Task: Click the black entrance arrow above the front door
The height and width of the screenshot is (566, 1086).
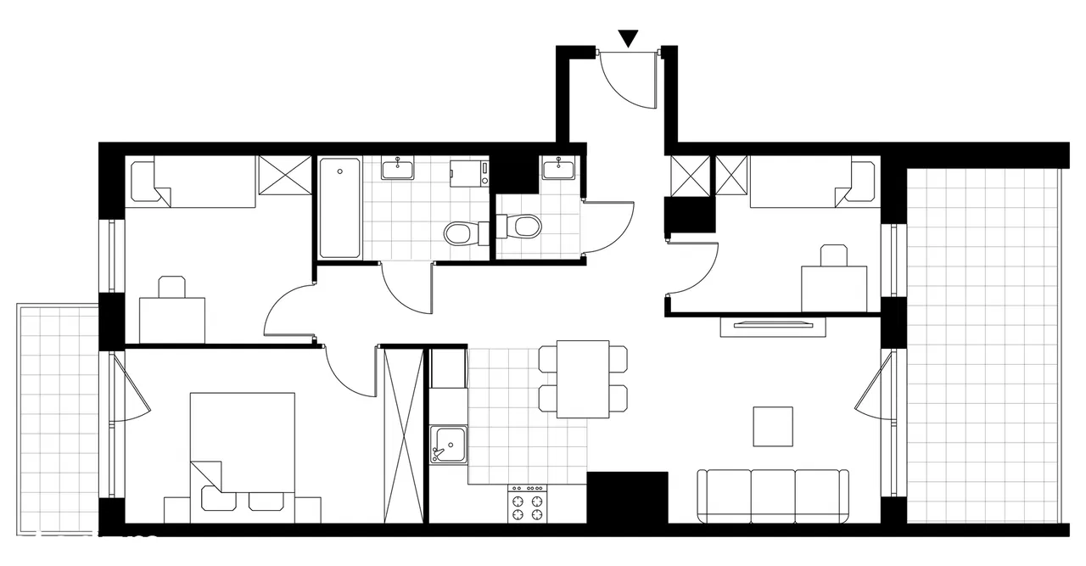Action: [x=628, y=37]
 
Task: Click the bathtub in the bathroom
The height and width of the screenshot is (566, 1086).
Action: [x=339, y=208]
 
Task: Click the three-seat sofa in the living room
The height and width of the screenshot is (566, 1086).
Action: [x=772, y=496]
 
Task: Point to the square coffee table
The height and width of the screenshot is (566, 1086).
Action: [x=773, y=427]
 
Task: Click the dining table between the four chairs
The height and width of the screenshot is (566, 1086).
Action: [x=583, y=378]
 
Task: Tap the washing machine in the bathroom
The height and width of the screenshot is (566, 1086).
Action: [x=469, y=173]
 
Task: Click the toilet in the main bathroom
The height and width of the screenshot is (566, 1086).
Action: [x=462, y=232]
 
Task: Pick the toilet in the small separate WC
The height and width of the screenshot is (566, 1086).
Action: [x=523, y=226]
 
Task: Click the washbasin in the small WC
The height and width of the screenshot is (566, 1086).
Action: [x=558, y=168]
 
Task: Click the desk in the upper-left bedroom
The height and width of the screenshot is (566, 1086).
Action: [x=173, y=319]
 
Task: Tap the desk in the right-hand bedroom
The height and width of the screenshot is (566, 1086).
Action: [x=834, y=288]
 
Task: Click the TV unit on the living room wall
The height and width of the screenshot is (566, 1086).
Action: [x=772, y=323]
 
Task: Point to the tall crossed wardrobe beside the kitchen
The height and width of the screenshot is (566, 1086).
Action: [x=402, y=434]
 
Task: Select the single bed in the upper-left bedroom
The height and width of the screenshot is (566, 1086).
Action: [x=192, y=182]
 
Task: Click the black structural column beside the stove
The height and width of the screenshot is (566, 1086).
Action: [x=628, y=497]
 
